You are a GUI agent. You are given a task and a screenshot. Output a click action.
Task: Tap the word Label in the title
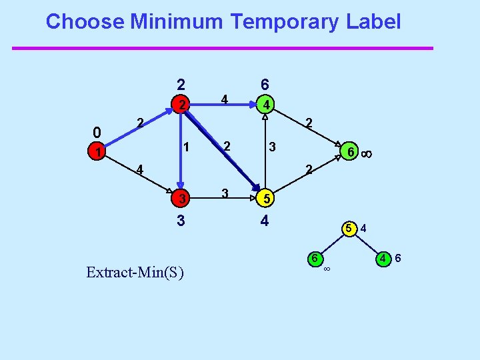373,22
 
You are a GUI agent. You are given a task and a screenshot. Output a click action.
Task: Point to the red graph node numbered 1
98,153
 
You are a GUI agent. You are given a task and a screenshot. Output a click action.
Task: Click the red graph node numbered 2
181,105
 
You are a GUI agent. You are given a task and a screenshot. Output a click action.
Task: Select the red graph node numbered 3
180,199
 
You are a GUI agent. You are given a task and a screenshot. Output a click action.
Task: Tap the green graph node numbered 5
265,199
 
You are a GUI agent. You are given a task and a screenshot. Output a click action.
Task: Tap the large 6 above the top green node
265,85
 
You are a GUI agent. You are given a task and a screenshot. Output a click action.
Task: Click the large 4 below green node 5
265,220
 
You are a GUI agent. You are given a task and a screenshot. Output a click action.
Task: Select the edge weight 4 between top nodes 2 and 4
225,100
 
